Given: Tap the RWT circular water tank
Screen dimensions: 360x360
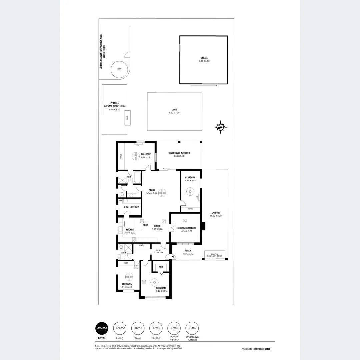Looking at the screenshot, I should [x=119, y=69].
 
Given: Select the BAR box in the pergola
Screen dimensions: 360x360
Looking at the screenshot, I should [x=127, y=118].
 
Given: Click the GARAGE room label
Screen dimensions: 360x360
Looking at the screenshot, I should [x=204, y=58].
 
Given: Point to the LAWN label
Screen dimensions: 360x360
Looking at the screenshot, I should [x=174, y=110].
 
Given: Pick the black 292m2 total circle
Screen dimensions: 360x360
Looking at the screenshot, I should [x=102, y=328].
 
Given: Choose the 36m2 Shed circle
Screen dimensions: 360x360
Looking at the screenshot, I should [x=138, y=328].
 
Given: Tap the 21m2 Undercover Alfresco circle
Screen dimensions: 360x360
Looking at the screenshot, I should [x=192, y=328].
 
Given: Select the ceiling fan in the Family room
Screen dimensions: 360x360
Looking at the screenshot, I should [x=162, y=192].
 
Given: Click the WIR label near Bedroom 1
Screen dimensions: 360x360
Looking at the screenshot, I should [x=161, y=267].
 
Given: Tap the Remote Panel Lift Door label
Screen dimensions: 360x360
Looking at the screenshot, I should [x=215, y=255].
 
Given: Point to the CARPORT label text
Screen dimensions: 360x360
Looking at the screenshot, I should [x=215, y=213].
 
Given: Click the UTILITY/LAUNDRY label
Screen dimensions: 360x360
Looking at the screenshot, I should [x=131, y=207].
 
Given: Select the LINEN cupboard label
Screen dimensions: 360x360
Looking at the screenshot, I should [x=142, y=246].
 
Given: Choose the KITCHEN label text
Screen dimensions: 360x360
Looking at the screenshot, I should [x=129, y=230].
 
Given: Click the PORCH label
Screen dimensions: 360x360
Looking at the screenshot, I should [x=188, y=251].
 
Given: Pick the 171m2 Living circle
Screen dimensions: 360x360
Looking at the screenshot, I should [x=120, y=328].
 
